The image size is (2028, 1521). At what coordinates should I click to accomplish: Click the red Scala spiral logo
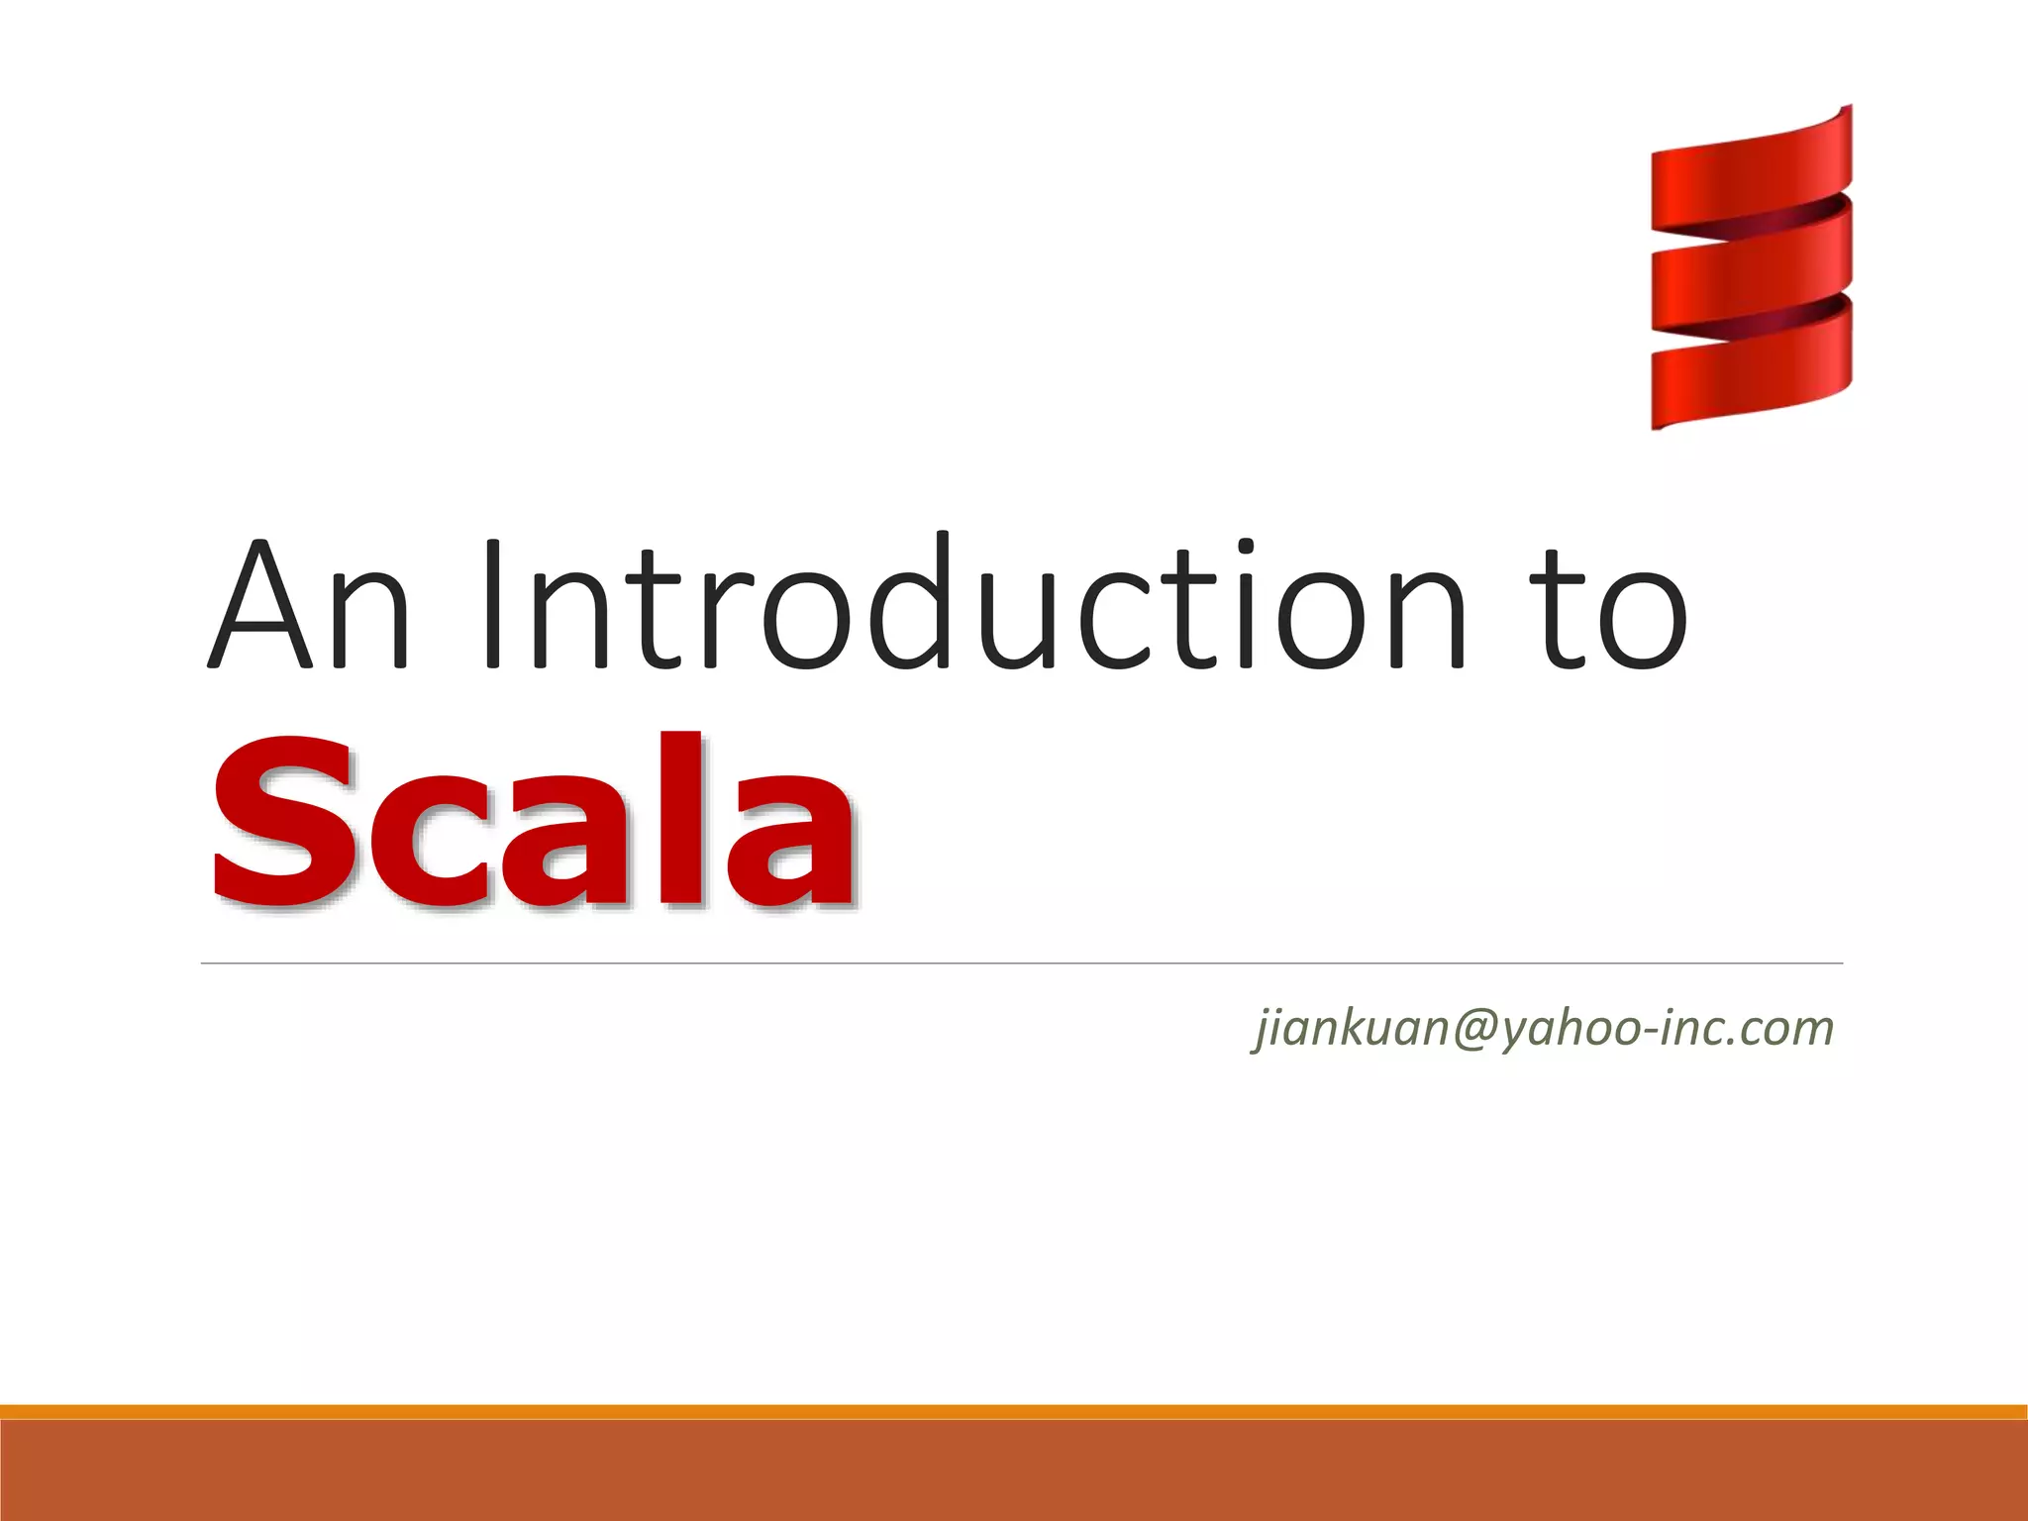coord(1751,267)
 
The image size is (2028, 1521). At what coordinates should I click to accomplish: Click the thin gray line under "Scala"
coord(1020,963)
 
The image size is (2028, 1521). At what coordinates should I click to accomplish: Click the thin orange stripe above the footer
coord(1014,1411)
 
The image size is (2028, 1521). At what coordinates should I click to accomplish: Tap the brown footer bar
coord(1014,1470)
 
